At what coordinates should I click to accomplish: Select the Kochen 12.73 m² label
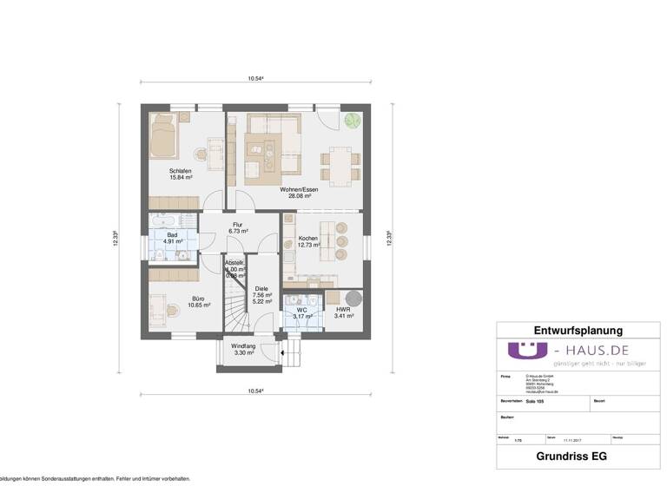coord(308,241)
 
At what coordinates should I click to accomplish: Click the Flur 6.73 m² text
coord(238,228)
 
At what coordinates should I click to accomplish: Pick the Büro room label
coord(200,302)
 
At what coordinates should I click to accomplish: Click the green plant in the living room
coord(352,120)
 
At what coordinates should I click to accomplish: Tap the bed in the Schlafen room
coord(163,135)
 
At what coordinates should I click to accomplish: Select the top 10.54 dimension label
coord(254,79)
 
